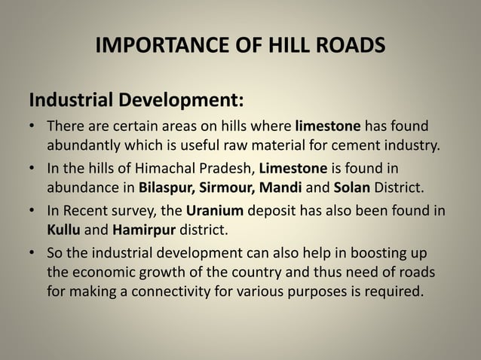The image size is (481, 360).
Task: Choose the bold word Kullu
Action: [64, 227]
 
